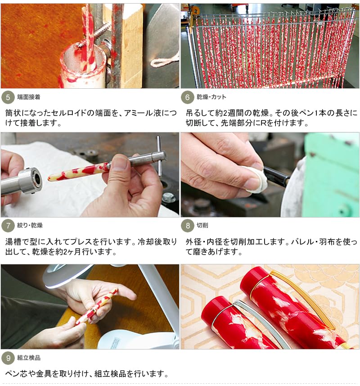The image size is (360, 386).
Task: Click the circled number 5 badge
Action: tap(8, 97)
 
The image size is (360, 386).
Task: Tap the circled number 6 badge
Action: tap(187, 97)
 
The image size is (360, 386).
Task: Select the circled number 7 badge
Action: tap(8, 226)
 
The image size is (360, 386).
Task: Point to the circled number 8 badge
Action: tap(187, 226)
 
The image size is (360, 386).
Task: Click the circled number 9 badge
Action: tap(8, 358)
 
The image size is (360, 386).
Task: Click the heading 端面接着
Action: tap(28, 97)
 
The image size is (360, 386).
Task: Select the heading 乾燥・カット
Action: tap(211, 97)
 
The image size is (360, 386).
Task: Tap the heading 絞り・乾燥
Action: tap(30, 225)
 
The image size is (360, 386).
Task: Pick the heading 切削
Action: tap(202, 225)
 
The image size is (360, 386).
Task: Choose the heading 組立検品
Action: tap(28, 358)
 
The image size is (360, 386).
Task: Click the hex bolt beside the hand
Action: tap(169, 197)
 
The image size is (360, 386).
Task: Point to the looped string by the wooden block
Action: tap(165, 61)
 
